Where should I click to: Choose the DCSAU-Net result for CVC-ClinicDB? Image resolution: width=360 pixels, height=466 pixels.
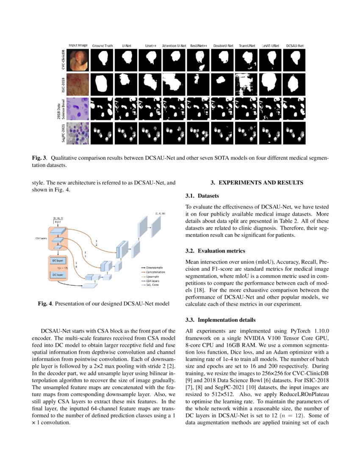(294, 60)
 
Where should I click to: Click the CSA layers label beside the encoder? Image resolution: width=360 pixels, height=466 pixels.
(41, 239)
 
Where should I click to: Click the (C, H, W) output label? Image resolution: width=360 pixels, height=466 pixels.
(160, 214)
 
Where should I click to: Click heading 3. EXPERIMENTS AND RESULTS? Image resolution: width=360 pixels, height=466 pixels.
(257, 183)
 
